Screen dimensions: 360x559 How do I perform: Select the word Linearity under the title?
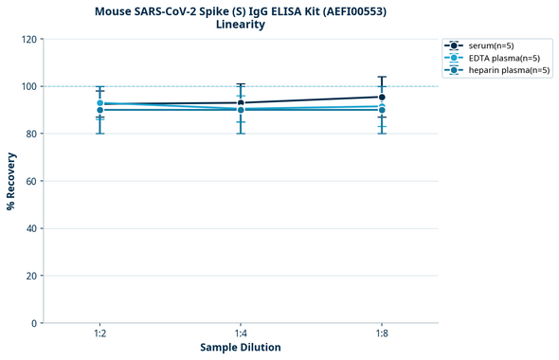(x=241, y=25)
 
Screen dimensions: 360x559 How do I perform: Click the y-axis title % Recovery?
(x=11, y=181)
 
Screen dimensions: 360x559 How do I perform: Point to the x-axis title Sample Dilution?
(x=241, y=348)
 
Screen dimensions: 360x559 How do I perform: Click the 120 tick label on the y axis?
(x=28, y=39)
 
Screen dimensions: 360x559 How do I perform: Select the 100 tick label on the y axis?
(x=28, y=86)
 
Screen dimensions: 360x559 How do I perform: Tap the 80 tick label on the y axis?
(x=31, y=134)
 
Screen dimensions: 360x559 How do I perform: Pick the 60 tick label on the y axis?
(x=31, y=181)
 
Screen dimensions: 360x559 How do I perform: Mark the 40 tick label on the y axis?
(x=31, y=228)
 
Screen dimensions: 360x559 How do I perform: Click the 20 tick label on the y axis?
(x=31, y=276)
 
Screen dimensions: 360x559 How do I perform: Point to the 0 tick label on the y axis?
(x=34, y=323)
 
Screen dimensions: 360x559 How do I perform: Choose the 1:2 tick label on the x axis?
(x=100, y=333)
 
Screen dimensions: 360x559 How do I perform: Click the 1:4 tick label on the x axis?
(x=241, y=333)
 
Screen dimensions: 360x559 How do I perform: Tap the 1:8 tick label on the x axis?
(x=381, y=333)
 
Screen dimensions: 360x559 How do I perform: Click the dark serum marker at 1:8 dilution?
(x=381, y=97)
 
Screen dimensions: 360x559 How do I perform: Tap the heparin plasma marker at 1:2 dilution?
(x=100, y=110)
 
